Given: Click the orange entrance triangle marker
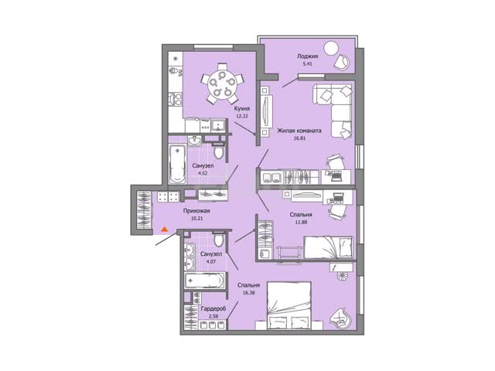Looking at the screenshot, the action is click(164, 230).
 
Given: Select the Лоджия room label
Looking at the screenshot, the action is click(307, 56).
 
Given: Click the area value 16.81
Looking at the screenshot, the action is click(300, 138).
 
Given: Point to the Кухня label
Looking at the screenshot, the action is click(242, 108).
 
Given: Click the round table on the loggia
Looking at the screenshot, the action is click(331, 48).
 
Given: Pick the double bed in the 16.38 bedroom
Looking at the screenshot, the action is click(288, 305).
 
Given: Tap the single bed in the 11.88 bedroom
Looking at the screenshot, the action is click(328, 247).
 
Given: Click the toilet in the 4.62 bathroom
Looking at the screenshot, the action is click(218, 151).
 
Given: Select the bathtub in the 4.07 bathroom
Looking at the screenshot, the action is click(205, 281).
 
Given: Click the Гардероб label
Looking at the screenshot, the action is click(213, 309).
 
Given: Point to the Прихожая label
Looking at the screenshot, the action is click(196, 211).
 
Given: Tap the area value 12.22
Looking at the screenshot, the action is click(242, 116).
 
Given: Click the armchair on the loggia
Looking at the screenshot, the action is click(342, 62).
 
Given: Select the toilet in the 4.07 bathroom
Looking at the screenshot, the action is click(218, 239).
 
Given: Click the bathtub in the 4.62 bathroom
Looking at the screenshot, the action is click(177, 164).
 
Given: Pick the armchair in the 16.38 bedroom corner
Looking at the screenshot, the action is click(340, 317).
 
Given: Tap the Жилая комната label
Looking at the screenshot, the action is click(299, 131).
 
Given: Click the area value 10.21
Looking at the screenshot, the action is click(196, 218).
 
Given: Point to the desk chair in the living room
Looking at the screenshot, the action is click(335, 162).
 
